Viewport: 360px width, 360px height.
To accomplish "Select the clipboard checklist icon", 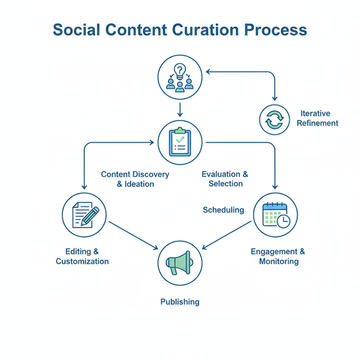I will pos(180,142).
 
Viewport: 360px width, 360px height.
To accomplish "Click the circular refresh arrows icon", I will pos(274,119).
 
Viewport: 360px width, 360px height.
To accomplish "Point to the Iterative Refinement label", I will pos(317,118).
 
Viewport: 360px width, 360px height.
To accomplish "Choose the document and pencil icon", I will pos(85,215).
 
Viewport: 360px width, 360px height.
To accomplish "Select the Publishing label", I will pos(180,302).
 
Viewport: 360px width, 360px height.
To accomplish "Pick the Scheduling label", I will pos(223,210).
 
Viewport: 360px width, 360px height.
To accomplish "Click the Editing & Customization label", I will pos(82,256).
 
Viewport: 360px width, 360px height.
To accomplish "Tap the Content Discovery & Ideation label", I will pos(135,179).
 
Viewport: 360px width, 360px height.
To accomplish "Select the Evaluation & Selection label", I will pos(226,179).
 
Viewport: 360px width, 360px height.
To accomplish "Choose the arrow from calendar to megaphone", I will pos(227,235).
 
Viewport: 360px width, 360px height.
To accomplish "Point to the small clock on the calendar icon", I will pos(284,221).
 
